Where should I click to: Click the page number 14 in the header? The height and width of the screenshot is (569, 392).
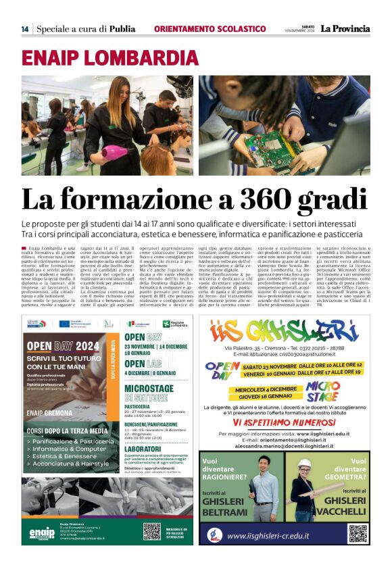tap(24, 29)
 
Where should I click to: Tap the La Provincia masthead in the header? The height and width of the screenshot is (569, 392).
tap(345, 28)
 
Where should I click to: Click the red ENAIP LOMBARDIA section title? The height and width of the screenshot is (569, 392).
tap(109, 57)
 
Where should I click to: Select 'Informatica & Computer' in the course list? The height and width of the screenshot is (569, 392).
tap(68, 448)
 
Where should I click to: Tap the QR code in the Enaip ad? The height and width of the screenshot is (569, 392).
tap(152, 531)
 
